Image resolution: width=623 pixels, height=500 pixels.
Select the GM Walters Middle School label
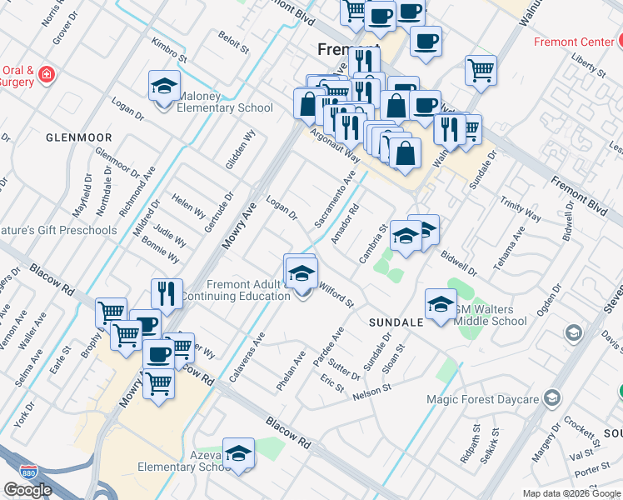click(x=490, y=314)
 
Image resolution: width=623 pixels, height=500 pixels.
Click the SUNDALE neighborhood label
click(x=393, y=320)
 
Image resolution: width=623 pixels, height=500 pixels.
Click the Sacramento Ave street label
click(x=336, y=199)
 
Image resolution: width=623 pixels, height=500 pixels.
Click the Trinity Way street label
click(x=521, y=209)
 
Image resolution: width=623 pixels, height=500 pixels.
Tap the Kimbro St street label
click(x=169, y=50)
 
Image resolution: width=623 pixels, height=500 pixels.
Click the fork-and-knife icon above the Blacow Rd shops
click(x=167, y=294)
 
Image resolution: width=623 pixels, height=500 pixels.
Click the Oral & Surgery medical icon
click(x=47, y=75)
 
